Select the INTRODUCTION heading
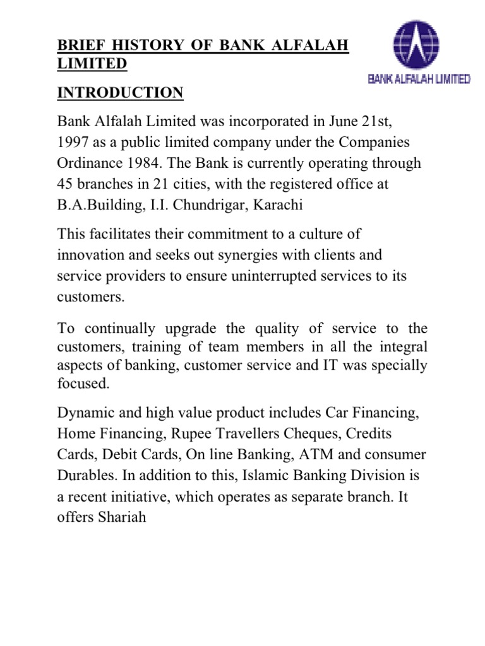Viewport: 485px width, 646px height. tap(121, 93)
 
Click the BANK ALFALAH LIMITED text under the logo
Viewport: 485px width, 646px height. tap(419, 79)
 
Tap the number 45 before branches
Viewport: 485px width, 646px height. tap(66, 185)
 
